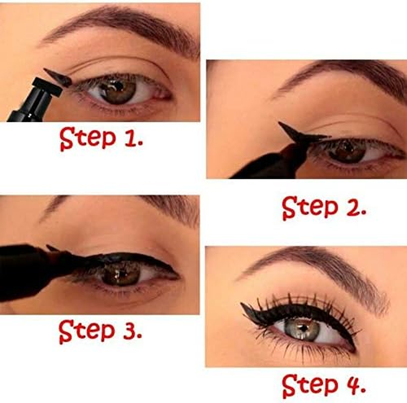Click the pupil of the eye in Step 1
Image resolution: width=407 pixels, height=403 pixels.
pyautogui.click(x=116, y=91)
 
